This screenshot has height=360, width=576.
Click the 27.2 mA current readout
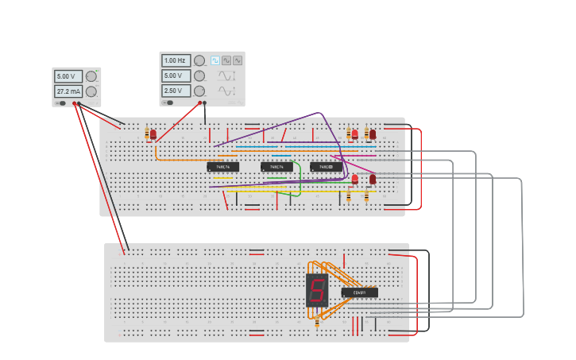[x=68, y=91]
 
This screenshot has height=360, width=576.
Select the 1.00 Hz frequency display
[x=176, y=60]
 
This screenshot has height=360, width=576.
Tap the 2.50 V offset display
[x=176, y=91]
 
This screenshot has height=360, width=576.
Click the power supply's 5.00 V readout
[x=68, y=76]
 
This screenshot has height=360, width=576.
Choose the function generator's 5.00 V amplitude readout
[x=176, y=75]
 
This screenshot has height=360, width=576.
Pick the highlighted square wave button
[x=215, y=60]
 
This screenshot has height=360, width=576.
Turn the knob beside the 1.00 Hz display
[x=199, y=60]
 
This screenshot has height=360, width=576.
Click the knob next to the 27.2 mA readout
[x=91, y=91]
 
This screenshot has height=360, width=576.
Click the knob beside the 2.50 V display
[x=199, y=91]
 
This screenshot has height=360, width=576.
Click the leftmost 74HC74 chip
[x=222, y=167]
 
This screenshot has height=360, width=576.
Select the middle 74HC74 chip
[x=276, y=167]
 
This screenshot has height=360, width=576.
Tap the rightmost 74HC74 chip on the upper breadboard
[x=326, y=167]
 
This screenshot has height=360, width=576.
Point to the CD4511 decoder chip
[x=360, y=292]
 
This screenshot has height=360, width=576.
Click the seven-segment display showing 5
[x=317, y=290]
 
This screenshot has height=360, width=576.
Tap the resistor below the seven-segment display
[x=317, y=322]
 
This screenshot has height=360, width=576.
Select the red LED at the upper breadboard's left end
[x=153, y=134]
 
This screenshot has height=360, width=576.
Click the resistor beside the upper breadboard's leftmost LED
[x=147, y=134]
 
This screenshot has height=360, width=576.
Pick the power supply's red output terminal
[x=74, y=103]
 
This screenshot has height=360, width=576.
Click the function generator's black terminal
[x=205, y=103]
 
